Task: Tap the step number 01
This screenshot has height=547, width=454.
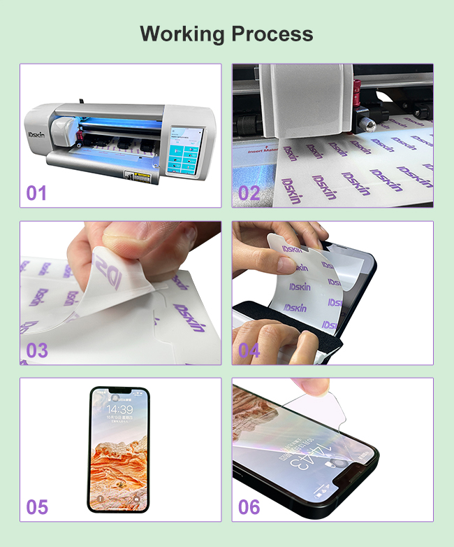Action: click(x=37, y=193)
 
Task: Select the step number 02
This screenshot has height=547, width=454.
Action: click(x=249, y=193)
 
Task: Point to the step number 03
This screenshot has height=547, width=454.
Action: click(x=37, y=350)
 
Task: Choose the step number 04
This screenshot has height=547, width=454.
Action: click(x=249, y=350)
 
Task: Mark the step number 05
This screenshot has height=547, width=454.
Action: click(x=37, y=506)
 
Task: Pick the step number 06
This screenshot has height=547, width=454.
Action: click(x=249, y=506)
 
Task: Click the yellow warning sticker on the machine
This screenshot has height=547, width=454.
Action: click(x=129, y=175)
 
